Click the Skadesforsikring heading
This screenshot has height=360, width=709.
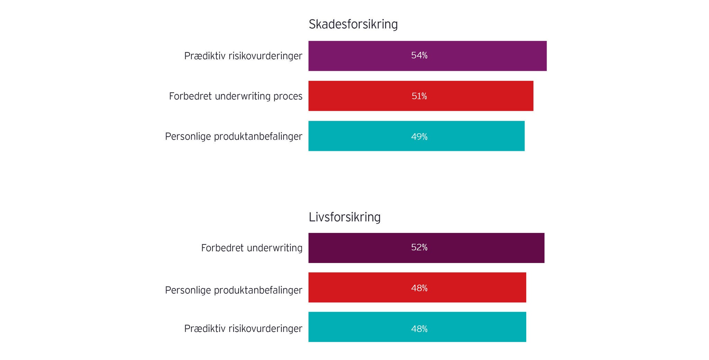coord(353,25)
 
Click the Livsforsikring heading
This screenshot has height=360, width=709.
coord(344,217)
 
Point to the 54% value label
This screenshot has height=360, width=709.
coord(419,56)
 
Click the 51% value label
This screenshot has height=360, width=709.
coord(419,96)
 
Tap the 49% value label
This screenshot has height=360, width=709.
coord(419,137)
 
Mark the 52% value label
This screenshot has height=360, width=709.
coord(419,247)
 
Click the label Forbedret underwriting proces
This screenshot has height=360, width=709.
coord(235,96)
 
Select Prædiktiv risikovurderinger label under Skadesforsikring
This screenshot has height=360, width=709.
coord(243,56)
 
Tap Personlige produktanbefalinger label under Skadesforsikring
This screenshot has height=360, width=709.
coord(233,137)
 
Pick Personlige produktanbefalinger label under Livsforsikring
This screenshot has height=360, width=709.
coord(233,290)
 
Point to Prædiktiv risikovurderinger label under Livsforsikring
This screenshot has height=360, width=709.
coord(243,328)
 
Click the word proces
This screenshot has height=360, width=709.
coord(288,97)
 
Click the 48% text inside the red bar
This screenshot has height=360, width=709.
coord(419,288)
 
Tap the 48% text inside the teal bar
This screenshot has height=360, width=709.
coord(419,329)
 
